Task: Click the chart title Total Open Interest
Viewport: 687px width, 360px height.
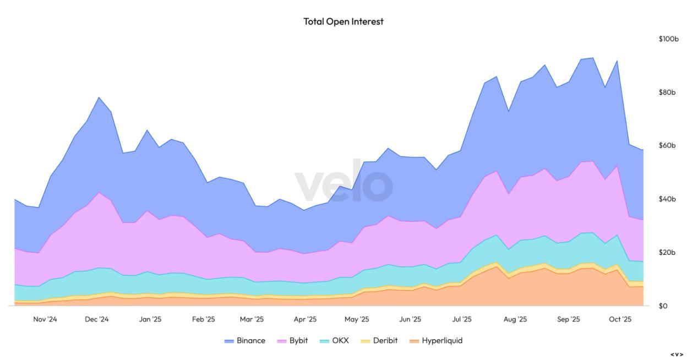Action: (343, 21)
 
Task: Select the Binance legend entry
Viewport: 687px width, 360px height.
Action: (245, 341)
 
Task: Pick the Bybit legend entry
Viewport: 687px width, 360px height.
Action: (292, 341)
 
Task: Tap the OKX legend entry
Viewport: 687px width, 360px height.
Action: (334, 341)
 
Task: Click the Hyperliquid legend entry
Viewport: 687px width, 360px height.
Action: (436, 341)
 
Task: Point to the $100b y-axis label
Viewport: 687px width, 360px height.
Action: (668, 39)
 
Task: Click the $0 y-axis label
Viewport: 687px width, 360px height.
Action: (663, 306)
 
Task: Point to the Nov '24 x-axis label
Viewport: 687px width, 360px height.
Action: (45, 319)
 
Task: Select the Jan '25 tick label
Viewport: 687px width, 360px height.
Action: (150, 319)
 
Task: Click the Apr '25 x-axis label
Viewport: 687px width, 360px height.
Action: (305, 319)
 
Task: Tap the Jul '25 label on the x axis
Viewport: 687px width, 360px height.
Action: (462, 319)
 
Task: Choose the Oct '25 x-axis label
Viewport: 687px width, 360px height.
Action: (620, 319)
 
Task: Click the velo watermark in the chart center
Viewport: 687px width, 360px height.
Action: (343, 185)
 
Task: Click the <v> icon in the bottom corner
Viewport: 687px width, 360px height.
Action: (677, 354)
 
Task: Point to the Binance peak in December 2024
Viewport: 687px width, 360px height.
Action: (99, 98)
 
